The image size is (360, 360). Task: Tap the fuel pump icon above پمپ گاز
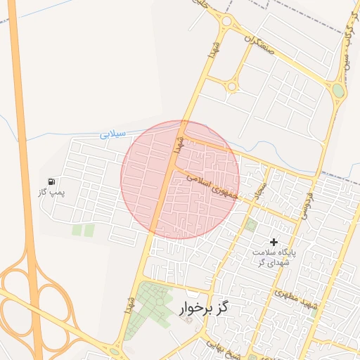click(51, 182)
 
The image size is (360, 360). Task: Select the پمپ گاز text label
click(51, 192)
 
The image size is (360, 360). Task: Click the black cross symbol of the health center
click(274, 242)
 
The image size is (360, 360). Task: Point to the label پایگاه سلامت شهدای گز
click(274, 256)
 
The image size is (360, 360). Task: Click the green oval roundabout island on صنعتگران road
click(339, 91)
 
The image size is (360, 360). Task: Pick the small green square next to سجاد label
click(251, 225)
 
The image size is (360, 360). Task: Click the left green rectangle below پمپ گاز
click(77, 230)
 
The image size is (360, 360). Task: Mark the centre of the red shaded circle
click(180, 180)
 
